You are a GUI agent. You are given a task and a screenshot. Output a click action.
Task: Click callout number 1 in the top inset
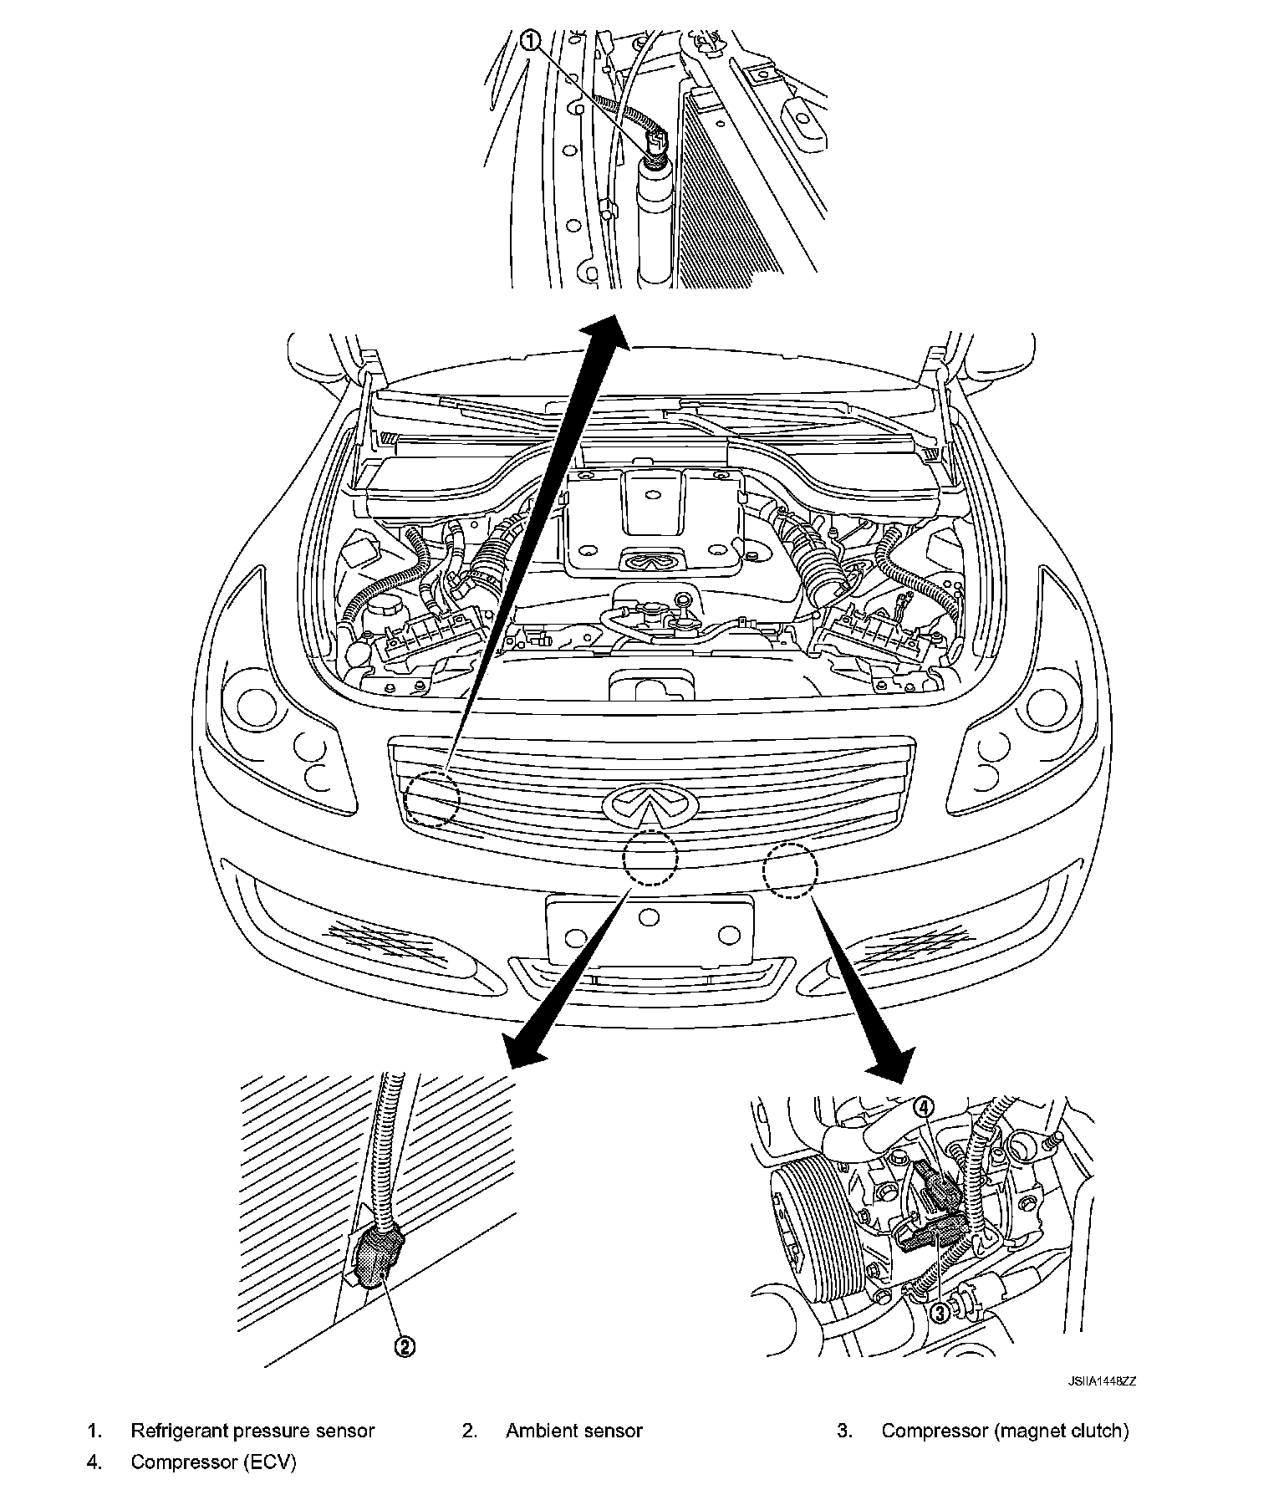(x=532, y=38)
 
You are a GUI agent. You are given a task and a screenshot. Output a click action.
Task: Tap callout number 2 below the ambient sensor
(x=404, y=1345)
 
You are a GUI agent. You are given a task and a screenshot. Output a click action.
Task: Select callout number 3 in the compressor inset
(x=940, y=1312)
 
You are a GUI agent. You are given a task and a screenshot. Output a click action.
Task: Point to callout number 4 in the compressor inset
(x=923, y=1106)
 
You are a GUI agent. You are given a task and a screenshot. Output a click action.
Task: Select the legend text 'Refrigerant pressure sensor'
(x=252, y=1431)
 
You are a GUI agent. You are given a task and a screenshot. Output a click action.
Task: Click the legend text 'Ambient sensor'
(x=573, y=1431)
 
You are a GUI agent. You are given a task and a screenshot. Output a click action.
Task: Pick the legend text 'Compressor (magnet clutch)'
(x=1005, y=1431)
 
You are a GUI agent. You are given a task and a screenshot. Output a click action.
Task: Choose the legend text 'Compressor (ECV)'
(x=213, y=1462)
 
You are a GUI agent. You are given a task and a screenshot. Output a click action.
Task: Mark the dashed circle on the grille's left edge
(x=432, y=799)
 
